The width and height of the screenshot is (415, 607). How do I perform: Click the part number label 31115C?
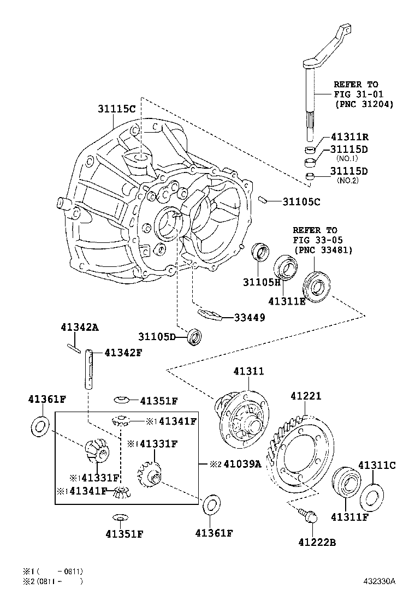tap(116, 109)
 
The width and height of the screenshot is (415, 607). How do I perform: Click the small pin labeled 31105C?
tap(263, 200)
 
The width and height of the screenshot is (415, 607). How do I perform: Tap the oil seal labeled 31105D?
tap(194, 336)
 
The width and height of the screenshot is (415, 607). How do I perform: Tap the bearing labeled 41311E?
tap(284, 266)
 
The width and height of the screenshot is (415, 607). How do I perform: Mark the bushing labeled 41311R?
tap(310, 149)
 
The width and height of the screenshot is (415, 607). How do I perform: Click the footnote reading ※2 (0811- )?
tap(52, 581)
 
